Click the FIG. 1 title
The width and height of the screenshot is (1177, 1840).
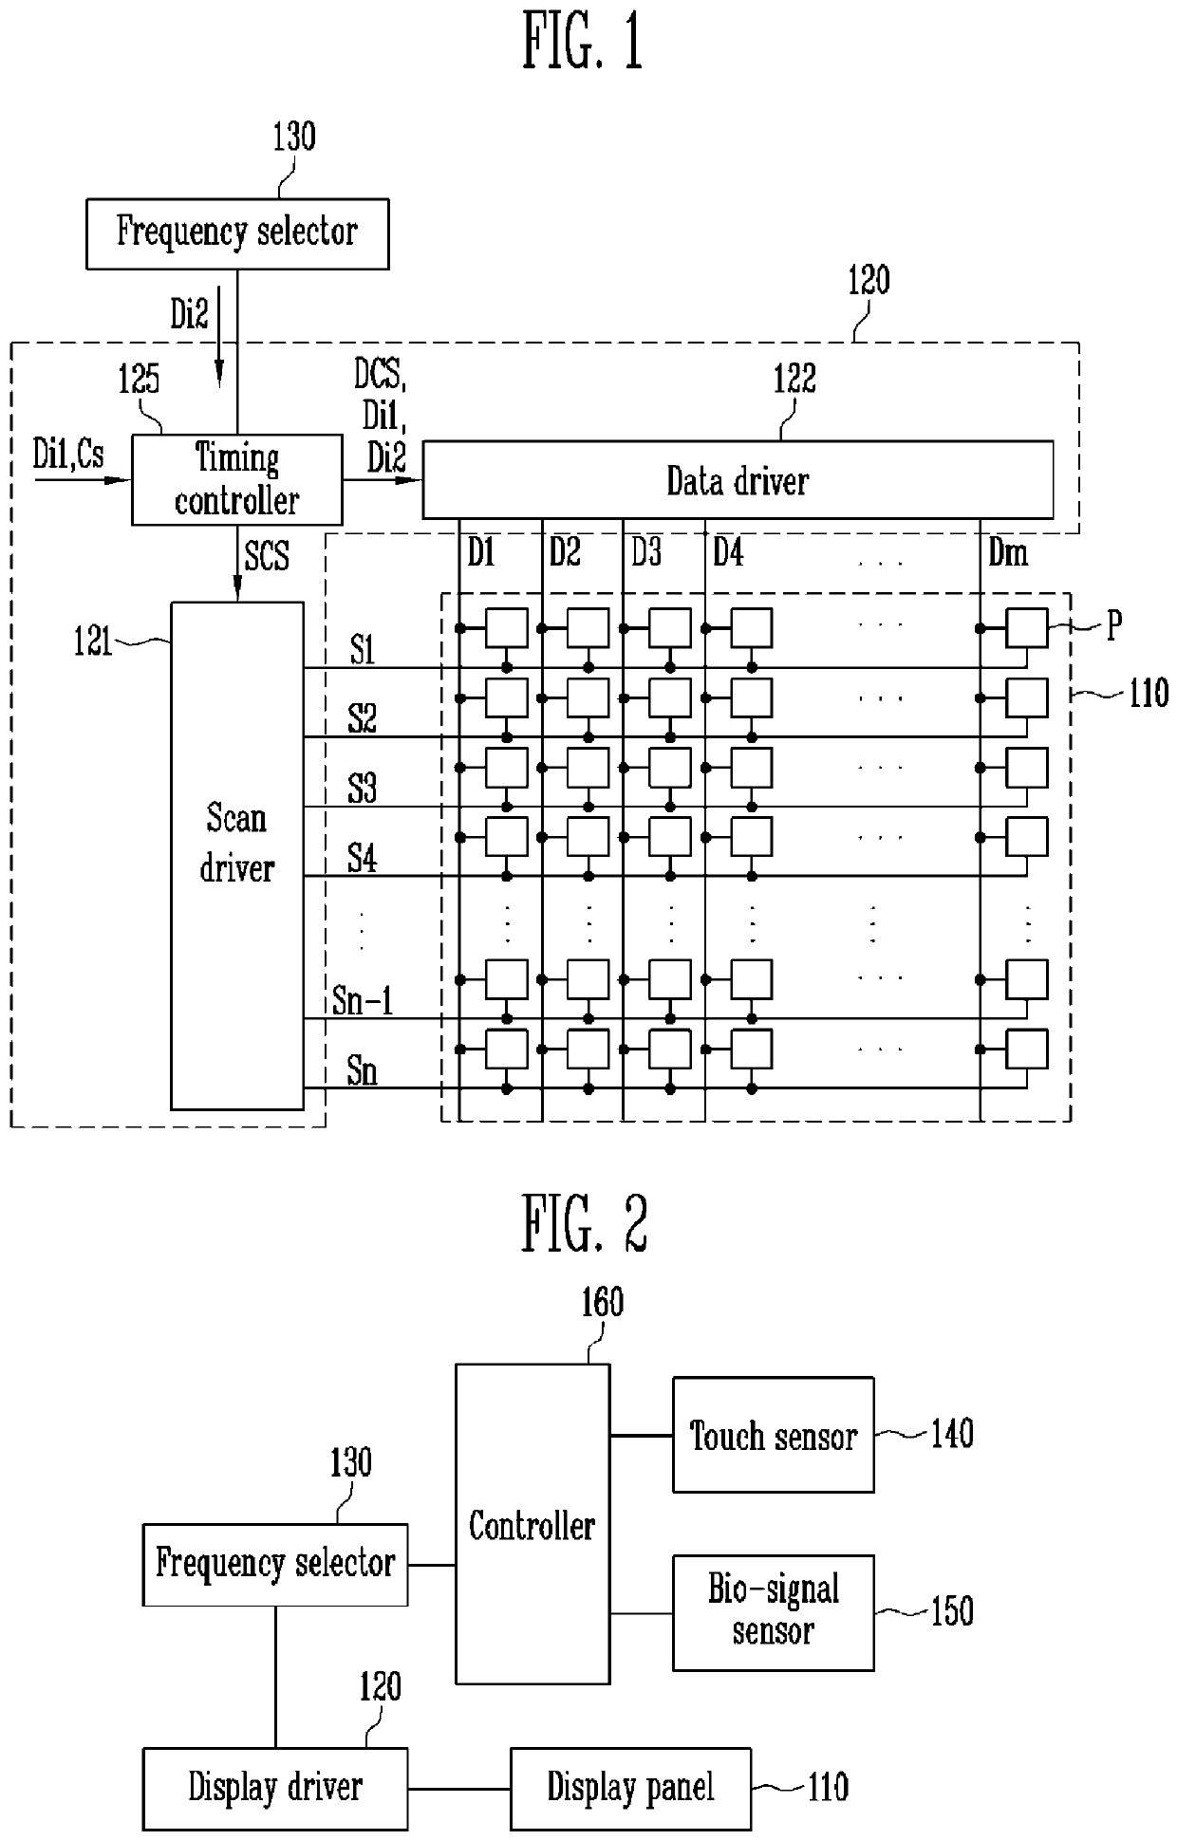583,43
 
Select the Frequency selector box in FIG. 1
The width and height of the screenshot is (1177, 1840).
237,233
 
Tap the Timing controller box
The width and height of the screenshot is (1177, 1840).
236,479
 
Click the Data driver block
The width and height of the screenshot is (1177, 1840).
738,480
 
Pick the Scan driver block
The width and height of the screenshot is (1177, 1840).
236,854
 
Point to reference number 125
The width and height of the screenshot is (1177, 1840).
139,381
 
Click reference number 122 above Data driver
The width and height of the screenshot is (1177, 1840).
794,379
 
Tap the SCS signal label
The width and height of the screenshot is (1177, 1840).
267,556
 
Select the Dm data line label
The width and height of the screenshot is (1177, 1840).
1007,552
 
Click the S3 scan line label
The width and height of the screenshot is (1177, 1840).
362,789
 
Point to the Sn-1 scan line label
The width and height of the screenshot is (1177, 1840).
363,1001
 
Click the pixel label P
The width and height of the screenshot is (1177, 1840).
1114,625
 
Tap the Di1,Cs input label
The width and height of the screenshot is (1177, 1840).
68,455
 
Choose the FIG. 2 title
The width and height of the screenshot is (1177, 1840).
584,1223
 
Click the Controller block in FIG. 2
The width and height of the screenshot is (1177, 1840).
532,1525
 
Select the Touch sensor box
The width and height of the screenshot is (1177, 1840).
773,1436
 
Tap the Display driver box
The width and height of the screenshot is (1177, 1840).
275,1788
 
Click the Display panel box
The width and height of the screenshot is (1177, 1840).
630,1788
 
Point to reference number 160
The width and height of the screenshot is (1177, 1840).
603,1303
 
